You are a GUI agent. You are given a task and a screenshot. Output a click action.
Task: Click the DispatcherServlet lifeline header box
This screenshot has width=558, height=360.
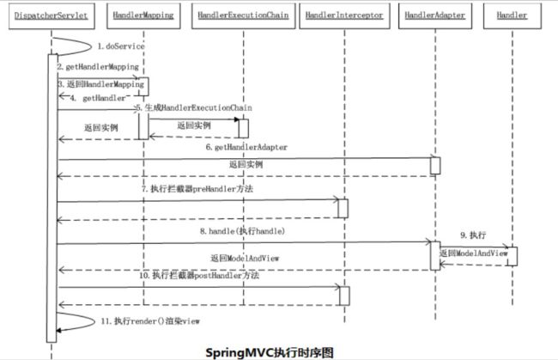[x=52, y=15]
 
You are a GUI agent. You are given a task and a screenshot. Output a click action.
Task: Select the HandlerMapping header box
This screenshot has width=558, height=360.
[x=143, y=15]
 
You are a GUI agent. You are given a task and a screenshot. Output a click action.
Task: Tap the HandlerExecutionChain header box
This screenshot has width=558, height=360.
[x=244, y=15]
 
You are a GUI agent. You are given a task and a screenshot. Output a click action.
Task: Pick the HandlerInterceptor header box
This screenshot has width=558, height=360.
[x=344, y=15]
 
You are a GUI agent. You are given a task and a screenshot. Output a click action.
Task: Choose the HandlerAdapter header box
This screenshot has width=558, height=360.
[x=435, y=15]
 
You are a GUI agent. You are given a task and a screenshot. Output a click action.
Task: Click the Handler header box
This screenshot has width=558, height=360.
[x=513, y=15]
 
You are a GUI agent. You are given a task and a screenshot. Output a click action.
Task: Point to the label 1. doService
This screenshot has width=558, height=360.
[x=121, y=46]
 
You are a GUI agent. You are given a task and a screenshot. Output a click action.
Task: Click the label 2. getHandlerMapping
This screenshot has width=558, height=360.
[x=98, y=67]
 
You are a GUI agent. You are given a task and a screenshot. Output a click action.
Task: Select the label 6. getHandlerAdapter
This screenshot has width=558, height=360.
[x=246, y=147]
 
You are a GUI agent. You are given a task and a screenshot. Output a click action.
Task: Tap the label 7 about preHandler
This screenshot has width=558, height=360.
[x=197, y=189]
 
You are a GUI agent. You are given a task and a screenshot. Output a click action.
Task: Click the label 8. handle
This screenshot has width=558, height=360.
[x=242, y=231]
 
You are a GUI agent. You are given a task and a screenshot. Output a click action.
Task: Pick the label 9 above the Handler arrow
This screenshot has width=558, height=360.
[x=473, y=235]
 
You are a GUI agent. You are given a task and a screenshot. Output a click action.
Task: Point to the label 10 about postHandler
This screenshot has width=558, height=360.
[x=199, y=275]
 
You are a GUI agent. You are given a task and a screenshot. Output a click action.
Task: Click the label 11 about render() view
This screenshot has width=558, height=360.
[x=150, y=321]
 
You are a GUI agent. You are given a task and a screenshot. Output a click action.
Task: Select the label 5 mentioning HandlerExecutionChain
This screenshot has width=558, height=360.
[x=194, y=107]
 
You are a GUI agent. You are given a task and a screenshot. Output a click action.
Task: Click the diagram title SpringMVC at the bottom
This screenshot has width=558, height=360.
[x=270, y=352]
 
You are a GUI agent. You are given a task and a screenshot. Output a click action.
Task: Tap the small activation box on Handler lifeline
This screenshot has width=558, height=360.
[x=513, y=256]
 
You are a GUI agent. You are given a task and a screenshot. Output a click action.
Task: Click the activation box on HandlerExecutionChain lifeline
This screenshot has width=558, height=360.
[x=244, y=129]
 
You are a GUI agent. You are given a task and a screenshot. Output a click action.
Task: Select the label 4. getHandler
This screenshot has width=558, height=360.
[x=98, y=98]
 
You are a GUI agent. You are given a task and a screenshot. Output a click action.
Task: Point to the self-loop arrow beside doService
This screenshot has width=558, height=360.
[x=91, y=46]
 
